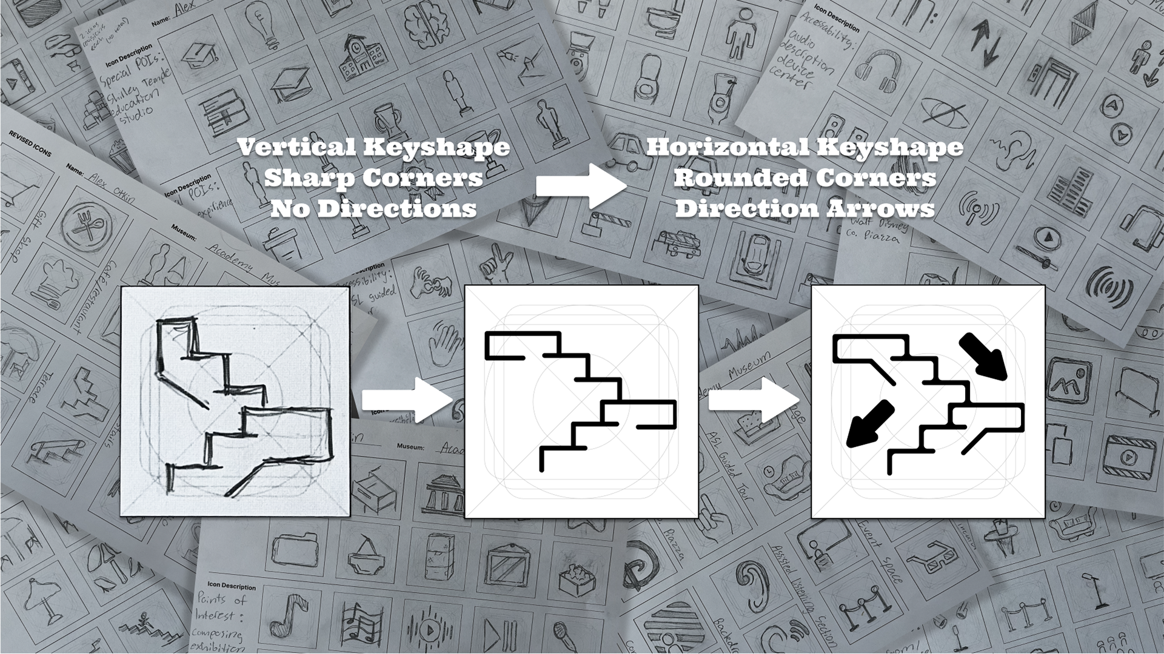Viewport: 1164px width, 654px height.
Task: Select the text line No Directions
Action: point(373,209)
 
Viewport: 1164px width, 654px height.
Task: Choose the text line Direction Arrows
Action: point(804,209)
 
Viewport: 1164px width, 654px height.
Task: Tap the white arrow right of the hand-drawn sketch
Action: point(407,400)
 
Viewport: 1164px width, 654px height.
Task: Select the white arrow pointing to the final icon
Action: point(754,400)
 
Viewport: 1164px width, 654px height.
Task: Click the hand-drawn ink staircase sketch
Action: point(235,401)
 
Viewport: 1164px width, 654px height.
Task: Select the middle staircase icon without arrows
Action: point(581,401)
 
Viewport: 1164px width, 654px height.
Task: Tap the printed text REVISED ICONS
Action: point(30,144)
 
